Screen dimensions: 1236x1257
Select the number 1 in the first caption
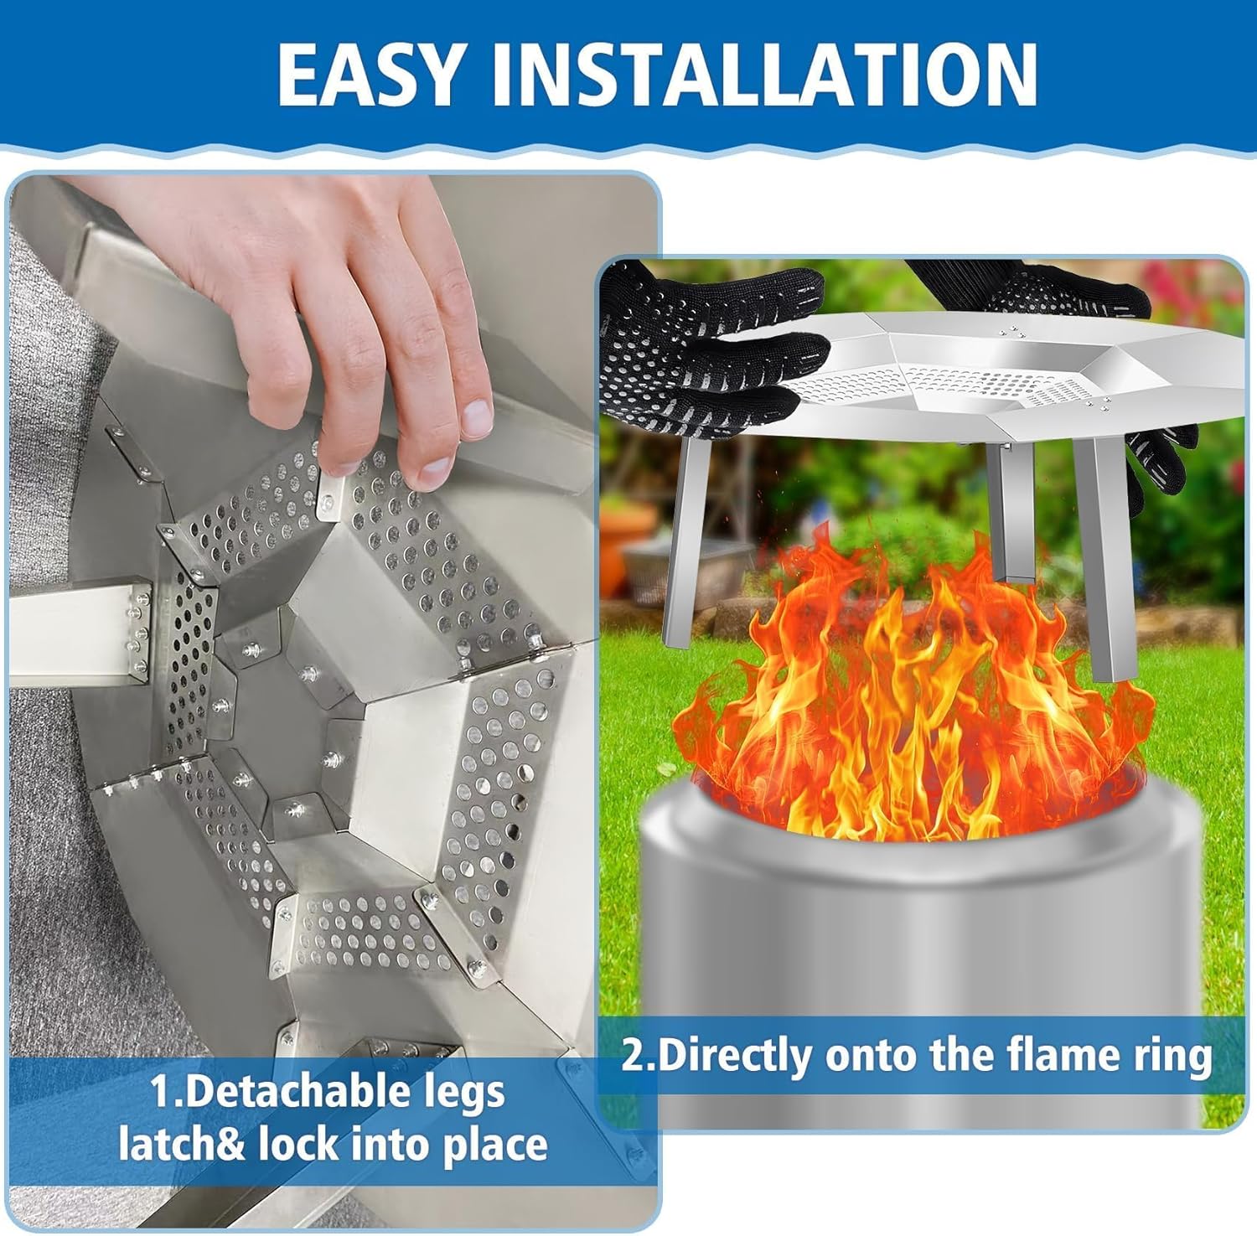[x=158, y=1092]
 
